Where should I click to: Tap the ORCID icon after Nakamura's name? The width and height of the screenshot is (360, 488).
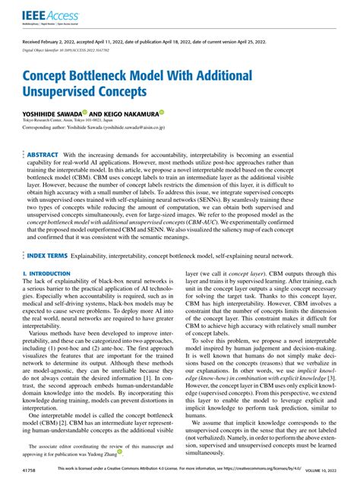pos(162,112)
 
